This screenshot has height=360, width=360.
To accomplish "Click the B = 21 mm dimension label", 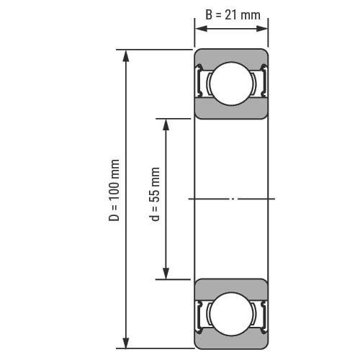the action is [233, 15].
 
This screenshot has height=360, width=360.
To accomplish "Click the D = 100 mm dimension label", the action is [114, 190].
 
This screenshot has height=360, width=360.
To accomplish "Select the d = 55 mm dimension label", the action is [154, 194].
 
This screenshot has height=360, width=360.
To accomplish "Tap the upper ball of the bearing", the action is [231, 84].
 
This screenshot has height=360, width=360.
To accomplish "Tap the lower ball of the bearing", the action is [231, 314].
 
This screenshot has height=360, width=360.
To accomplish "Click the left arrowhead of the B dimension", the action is [201, 29].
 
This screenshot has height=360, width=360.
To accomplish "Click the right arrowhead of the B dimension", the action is [261, 29].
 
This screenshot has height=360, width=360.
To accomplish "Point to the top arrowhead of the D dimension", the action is [126, 56].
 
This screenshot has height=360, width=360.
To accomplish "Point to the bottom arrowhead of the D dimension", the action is [126, 342].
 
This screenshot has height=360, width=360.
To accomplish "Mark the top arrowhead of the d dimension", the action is [166, 125].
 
